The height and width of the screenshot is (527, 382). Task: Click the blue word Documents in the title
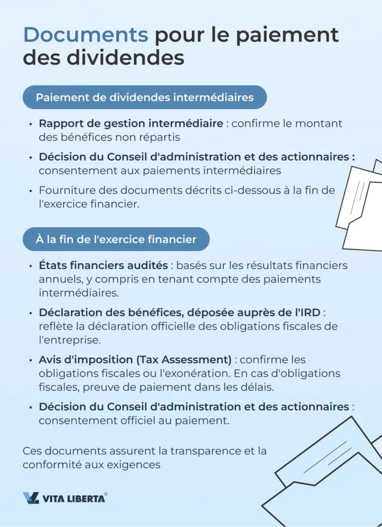(x=85, y=35)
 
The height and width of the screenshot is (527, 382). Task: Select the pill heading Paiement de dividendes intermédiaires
(x=144, y=97)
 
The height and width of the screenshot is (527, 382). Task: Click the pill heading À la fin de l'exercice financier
(x=116, y=239)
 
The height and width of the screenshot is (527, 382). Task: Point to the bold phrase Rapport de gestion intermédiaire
(x=131, y=124)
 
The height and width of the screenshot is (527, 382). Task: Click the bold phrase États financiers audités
(x=103, y=266)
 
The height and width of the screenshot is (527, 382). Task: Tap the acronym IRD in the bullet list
(x=310, y=313)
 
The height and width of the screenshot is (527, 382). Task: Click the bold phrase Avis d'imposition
(x=83, y=360)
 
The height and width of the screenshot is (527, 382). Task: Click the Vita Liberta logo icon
(x=31, y=498)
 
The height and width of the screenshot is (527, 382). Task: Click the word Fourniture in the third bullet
(x=63, y=190)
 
